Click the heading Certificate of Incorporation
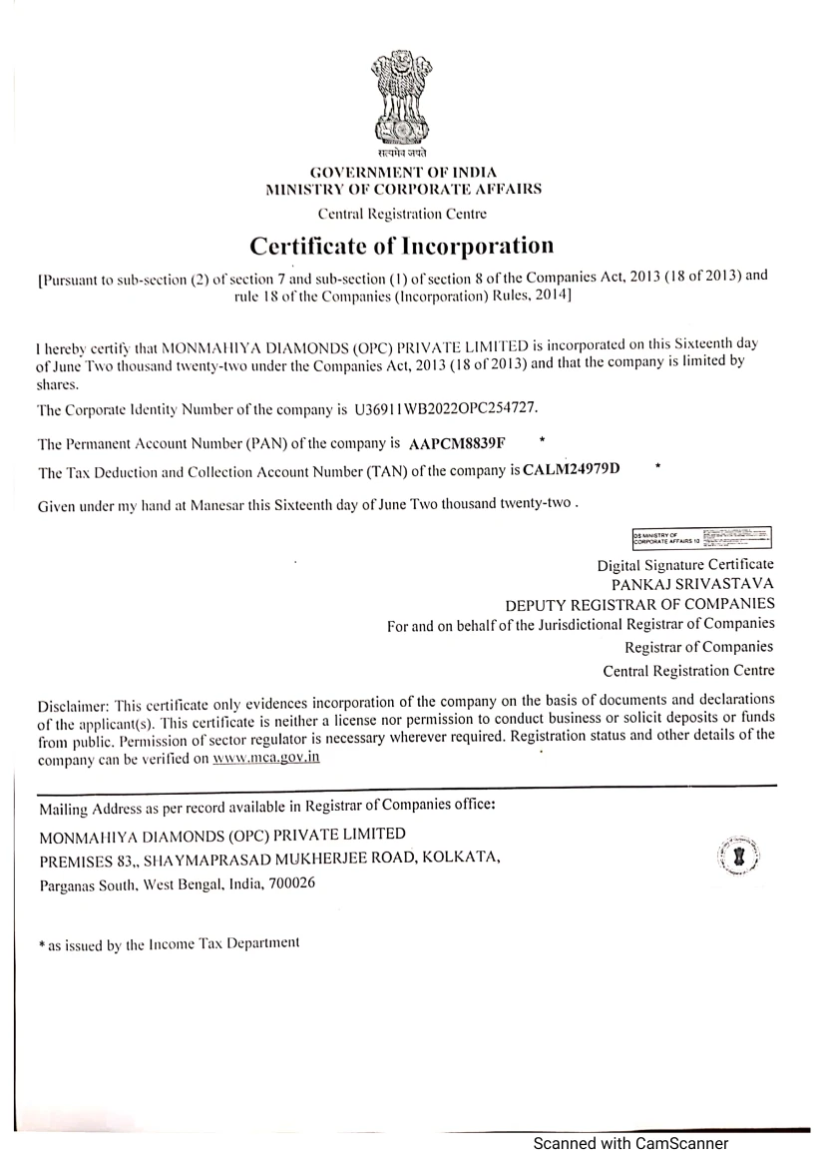pos(401,246)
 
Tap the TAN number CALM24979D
pos(579,470)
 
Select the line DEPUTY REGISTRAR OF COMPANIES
pos(639,605)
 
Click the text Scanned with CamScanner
pos(630,1144)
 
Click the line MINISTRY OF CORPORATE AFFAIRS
pos(401,189)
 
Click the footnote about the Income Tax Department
pos(168,943)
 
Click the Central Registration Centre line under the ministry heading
pos(401,214)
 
